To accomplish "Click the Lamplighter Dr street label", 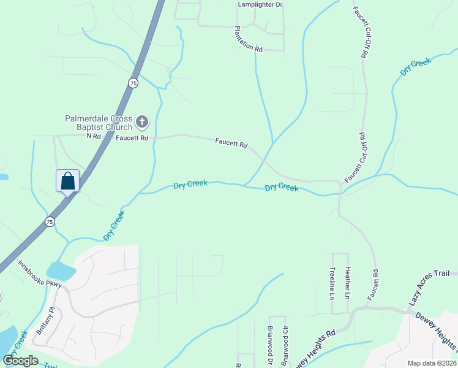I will point(260,4).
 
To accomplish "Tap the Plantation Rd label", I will point(249,39).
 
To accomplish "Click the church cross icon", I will point(142,122).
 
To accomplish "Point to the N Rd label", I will point(93,136).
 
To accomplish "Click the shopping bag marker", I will point(67,181).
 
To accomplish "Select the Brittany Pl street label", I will point(41,320).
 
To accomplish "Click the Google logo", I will point(21,360).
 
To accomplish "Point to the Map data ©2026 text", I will point(431,363).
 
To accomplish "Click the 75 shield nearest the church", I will point(133,83).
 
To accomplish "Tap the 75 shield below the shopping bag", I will point(50,221).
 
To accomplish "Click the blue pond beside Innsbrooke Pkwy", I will point(60,270).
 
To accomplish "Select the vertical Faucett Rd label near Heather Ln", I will point(373,283).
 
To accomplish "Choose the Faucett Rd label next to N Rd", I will point(132,138).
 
